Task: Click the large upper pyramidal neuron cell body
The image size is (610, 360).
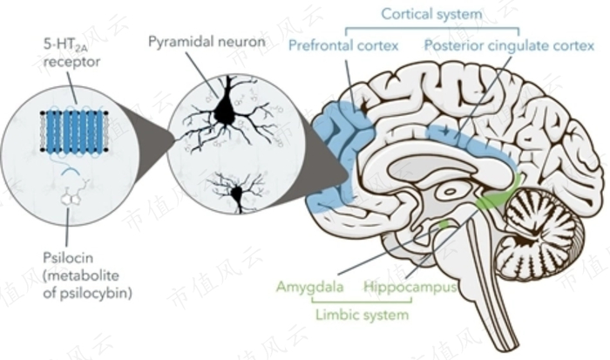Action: [226, 109]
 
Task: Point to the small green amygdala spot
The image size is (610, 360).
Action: [444, 225]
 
